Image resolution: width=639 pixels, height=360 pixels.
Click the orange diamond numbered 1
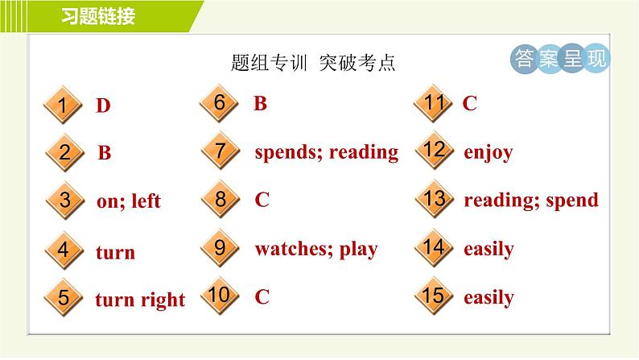click(x=63, y=105)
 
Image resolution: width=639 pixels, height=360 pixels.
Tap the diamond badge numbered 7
click(x=220, y=151)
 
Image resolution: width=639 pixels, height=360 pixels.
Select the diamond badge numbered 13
click(x=435, y=199)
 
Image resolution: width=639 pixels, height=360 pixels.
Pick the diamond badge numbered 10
click(x=220, y=296)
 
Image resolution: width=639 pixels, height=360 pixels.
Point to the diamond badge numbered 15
click(x=434, y=296)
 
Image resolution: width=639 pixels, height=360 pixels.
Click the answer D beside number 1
click(x=103, y=106)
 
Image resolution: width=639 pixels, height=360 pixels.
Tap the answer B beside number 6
click(x=260, y=103)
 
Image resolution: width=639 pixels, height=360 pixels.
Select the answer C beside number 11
click(x=469, y=103)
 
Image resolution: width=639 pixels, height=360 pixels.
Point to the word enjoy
click(x=489, y=153)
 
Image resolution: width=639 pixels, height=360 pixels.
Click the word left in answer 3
click(x=146, y=201)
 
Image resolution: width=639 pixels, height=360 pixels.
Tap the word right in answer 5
click(x=163, y=300)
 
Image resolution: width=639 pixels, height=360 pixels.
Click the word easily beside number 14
click(x=489, y=249)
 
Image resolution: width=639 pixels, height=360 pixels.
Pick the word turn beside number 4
click(x=115, y=252)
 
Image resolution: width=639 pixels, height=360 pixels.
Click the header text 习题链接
click(x=98, y=16)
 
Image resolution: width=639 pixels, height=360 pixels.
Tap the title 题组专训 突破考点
click(x=313, y=63)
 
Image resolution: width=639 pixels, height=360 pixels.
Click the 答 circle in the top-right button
click(x=524, y=59)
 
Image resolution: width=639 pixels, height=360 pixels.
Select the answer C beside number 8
click(x=262, y=200)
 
